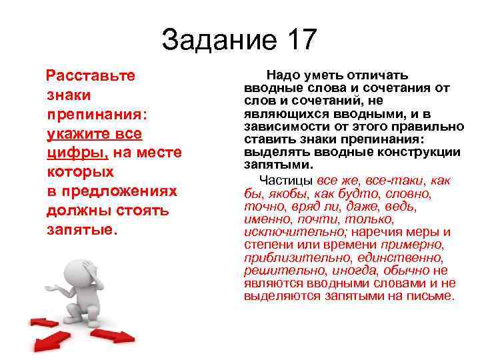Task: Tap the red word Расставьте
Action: click(91, 75)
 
